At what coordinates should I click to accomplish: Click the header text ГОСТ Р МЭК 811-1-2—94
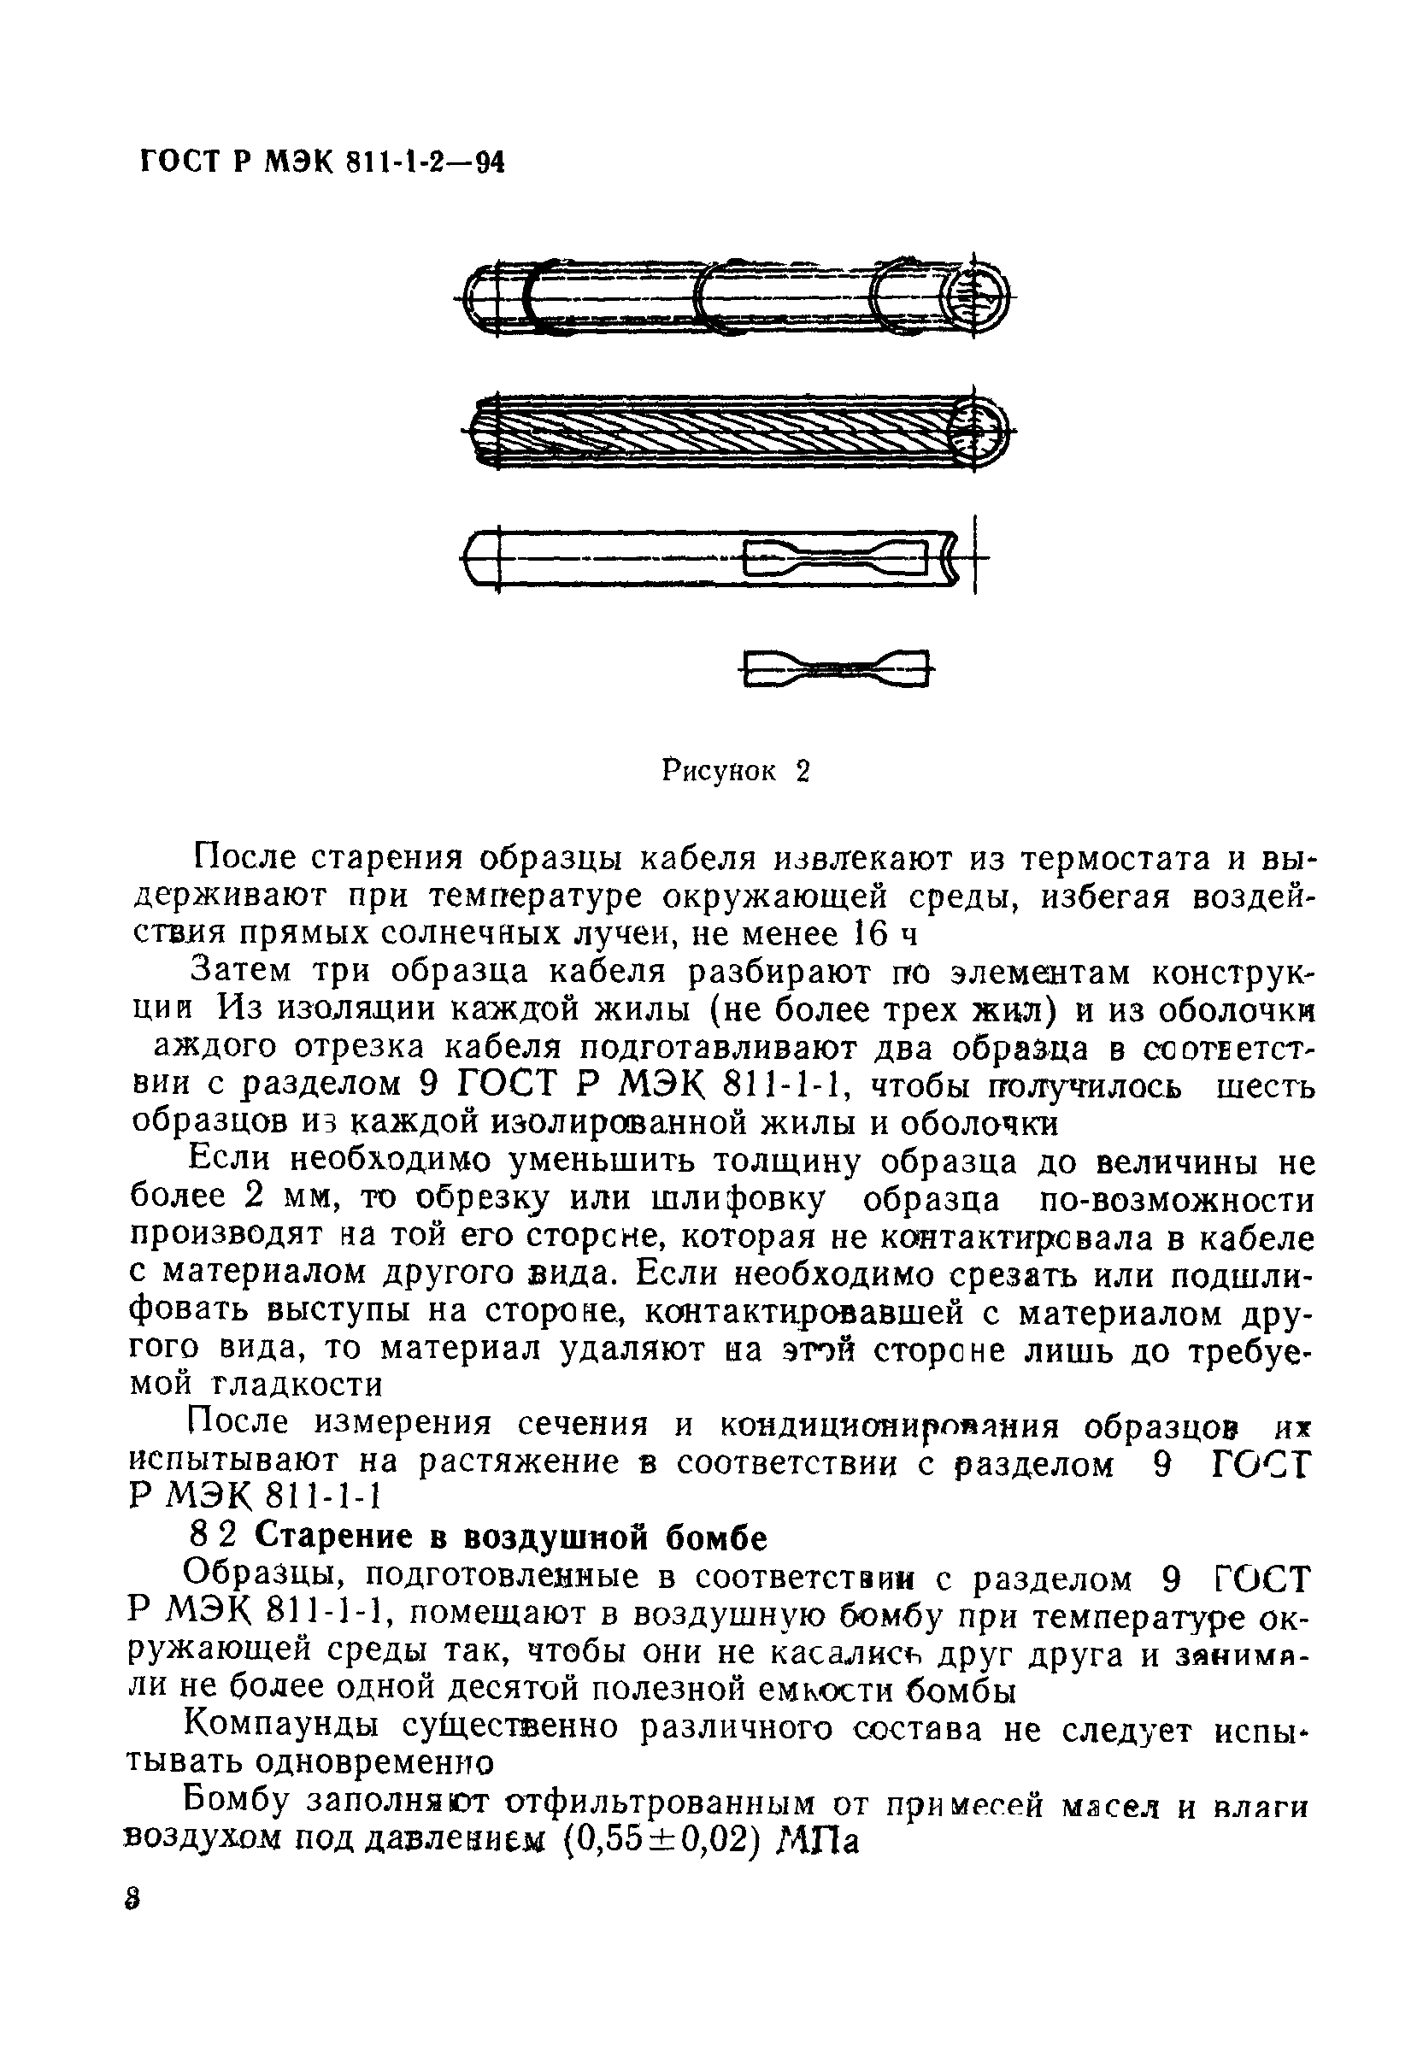[x=322, y=162]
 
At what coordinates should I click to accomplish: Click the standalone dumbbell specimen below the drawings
[x=834, y=667]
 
